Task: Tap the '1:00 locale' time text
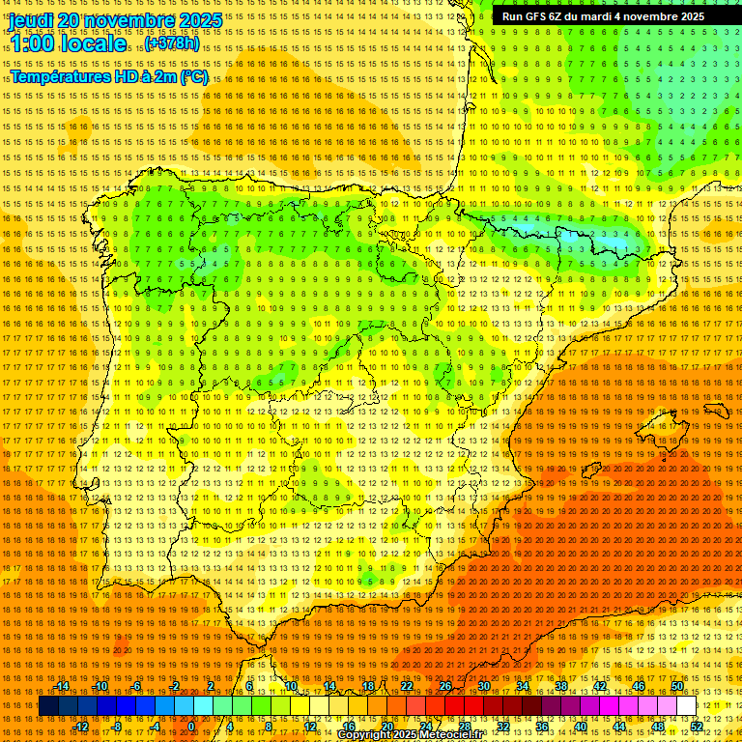pos(68,43)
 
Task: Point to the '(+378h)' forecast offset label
pos(172,43)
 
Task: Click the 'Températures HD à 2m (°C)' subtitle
pos(108,76)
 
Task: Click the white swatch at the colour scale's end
pos(686,706)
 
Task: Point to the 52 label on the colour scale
pos(697,727)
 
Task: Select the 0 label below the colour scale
pos(191,727)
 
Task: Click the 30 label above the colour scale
pos(483,686)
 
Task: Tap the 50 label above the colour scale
pos(677,686)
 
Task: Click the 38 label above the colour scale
pos(560,686)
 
